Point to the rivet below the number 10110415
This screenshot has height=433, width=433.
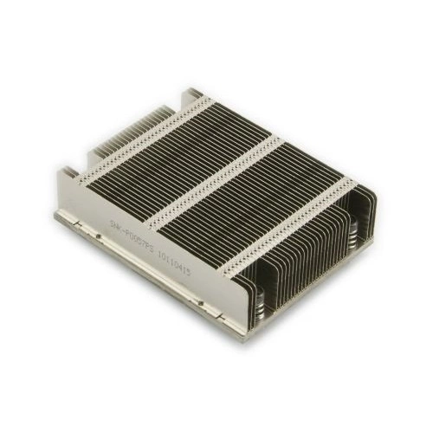202,301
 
